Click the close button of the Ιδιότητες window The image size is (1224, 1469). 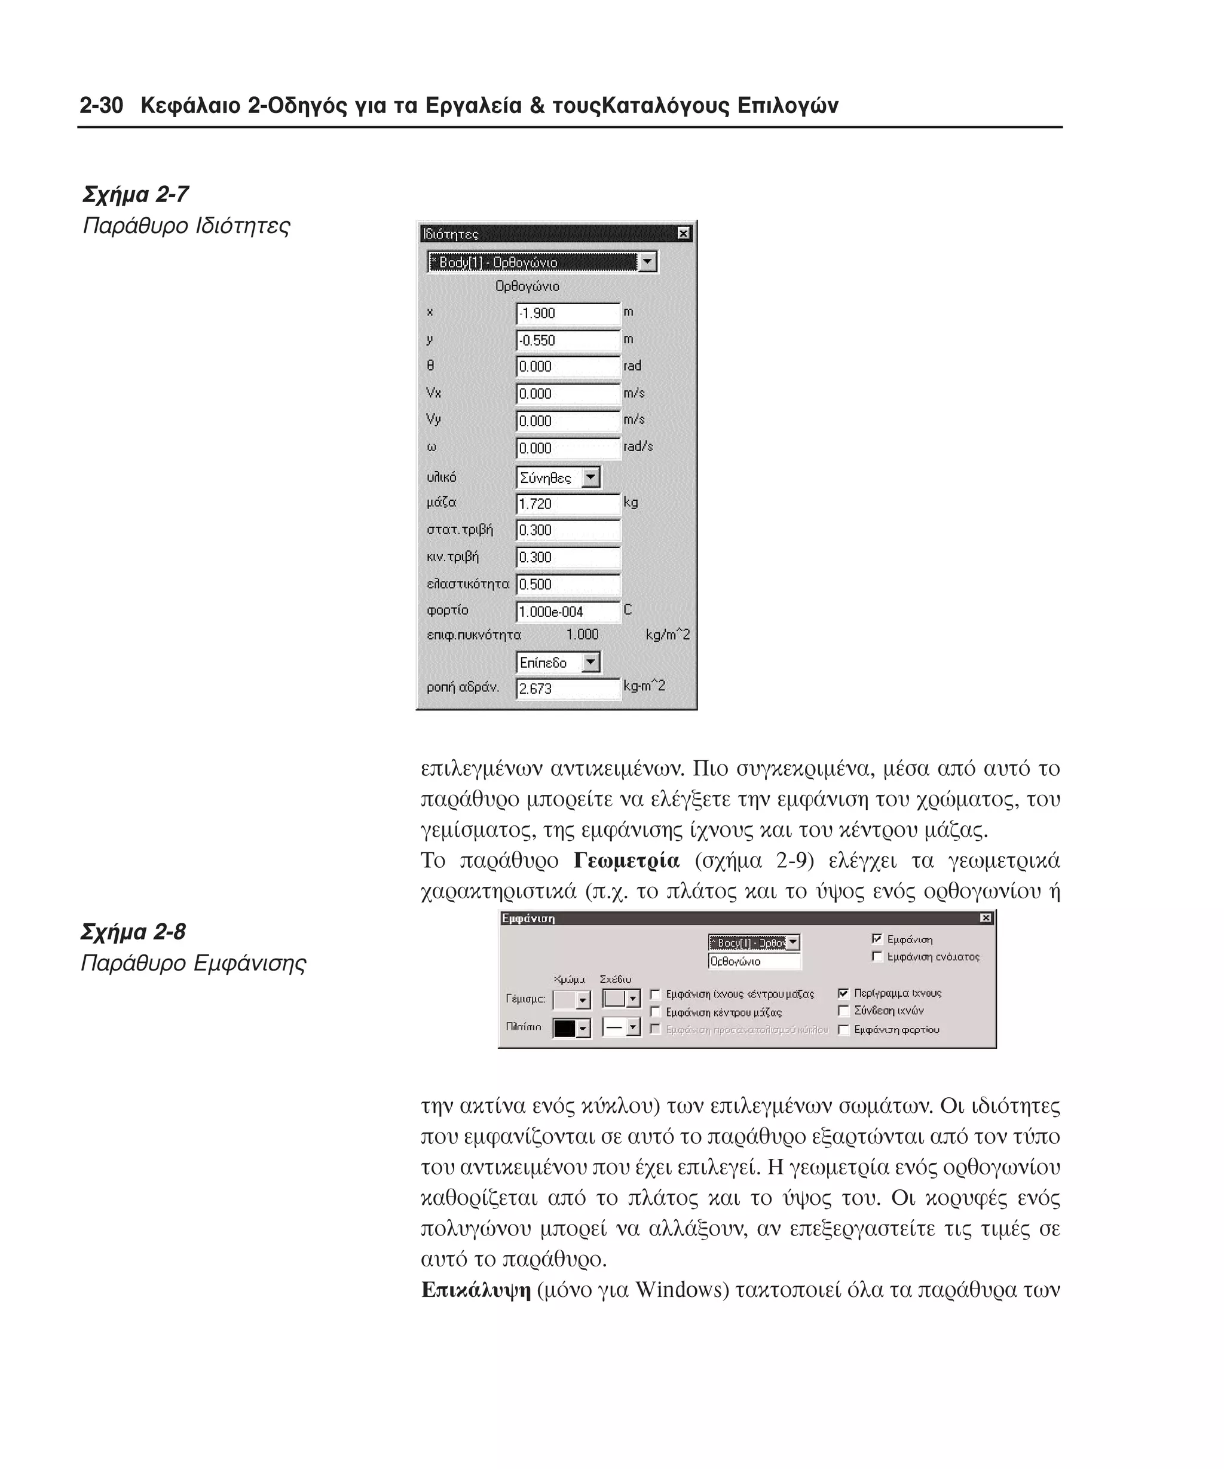[x=683, y=234]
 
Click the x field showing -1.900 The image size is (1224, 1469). [x=567, y=313]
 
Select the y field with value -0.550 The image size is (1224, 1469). [x=567, y=341]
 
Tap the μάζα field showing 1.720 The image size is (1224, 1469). [x=567, y=504]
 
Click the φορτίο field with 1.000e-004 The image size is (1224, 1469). [x=567, y=611]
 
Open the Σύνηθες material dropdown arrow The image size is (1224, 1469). [x=591, y=478]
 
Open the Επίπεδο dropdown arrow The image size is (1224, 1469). [x=591, y=662]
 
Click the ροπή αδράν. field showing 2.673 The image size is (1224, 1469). [x=567, y=688]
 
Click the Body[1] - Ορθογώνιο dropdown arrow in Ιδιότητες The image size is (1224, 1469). [x=648, y=262]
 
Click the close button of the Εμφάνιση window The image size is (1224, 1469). [x=986, y=918]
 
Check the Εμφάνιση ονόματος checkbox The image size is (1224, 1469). [x=877, y=956]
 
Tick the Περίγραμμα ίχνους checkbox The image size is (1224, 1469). [x=843, y=993]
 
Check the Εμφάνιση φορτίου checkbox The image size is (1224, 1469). [x=843, y=1030]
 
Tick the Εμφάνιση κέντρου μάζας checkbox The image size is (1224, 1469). [x=656, y=1012]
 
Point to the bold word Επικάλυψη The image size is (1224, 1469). [x=476, y=1289]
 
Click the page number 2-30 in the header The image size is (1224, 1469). [x=102, y=106]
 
